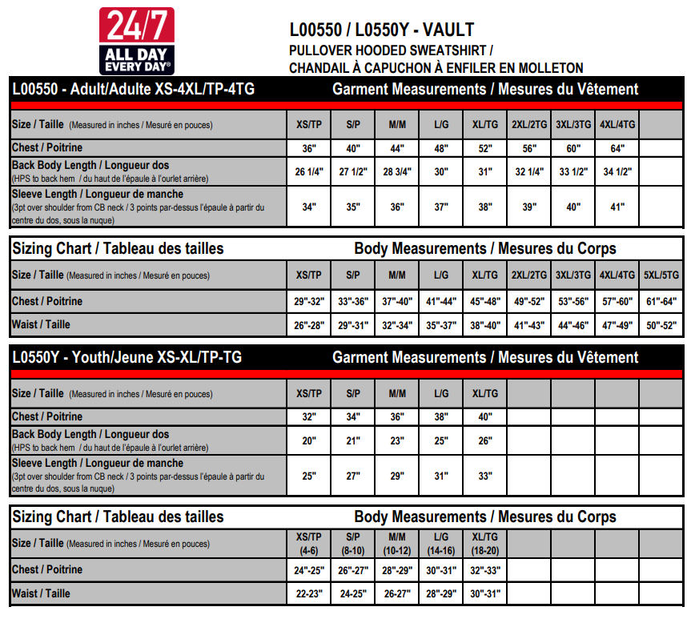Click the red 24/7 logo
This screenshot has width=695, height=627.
(x=135, y=41)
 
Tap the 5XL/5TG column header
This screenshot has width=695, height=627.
(x=661, y=275)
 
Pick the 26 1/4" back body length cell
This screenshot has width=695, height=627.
(x=308, y=171)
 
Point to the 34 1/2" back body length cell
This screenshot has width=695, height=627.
(x=617, y=171)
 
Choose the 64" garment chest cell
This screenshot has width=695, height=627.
(x=617, y=148)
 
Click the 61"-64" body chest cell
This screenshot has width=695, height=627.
(x=661, y=302)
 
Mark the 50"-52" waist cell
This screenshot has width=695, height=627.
(x=661, y=325)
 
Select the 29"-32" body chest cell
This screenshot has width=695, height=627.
(x=308, y=302)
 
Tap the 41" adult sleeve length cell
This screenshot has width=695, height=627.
(x=617, y=207)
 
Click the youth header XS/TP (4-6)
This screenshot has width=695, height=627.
(x=308, y=543)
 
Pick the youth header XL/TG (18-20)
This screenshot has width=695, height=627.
(x=484, y=543)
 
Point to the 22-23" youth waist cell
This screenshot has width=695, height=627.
(x=308, y=593)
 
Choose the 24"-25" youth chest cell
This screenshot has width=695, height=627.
(x=308, y=570)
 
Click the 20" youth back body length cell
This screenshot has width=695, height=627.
(x=308, y=440)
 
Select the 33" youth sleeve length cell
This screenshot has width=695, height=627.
(x=484, y=476)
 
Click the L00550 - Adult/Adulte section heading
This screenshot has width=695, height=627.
(x=133, y=89)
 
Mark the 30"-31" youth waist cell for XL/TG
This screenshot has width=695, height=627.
(x=484, y=593)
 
